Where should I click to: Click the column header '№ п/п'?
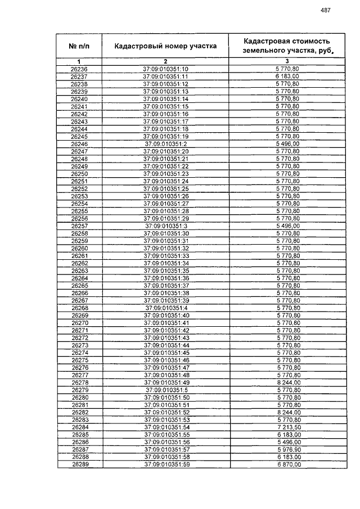79,46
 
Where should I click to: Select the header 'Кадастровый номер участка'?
165,46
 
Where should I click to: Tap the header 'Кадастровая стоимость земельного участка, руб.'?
287,46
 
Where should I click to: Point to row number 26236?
79,69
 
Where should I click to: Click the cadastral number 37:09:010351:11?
165,76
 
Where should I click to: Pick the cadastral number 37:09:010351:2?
165,144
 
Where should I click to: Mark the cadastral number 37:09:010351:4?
166,308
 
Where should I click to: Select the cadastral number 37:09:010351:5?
166,390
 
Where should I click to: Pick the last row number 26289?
80,465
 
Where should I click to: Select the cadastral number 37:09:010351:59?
166,465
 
